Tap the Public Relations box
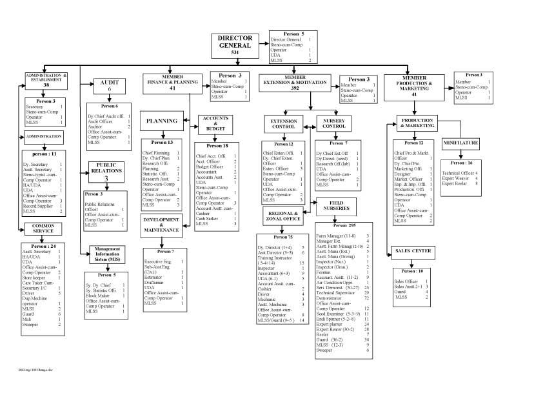106,171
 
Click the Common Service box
44,228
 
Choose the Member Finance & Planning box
172,85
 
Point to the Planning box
161,121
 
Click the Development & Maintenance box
161,226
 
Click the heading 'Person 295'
348,225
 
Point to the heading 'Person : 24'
44,246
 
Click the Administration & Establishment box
46,79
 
